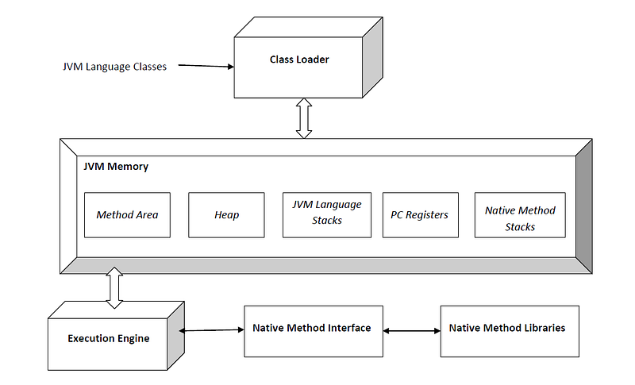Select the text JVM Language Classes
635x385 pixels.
tap(114, 67)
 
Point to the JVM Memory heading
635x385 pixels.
tap(116, 167)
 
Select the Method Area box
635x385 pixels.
tap(127, 214)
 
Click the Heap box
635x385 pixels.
tap(226, 214)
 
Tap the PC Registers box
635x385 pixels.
tap(420, 214)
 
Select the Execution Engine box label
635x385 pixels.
tap(110, 339)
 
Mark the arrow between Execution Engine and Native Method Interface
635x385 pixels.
tap(212, 331)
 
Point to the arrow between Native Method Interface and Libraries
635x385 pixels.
tap(411, 331)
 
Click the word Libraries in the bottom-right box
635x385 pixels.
tap(545, 328)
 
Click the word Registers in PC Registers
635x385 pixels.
tap(428, 214)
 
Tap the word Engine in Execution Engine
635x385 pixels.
tap(132, 339)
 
